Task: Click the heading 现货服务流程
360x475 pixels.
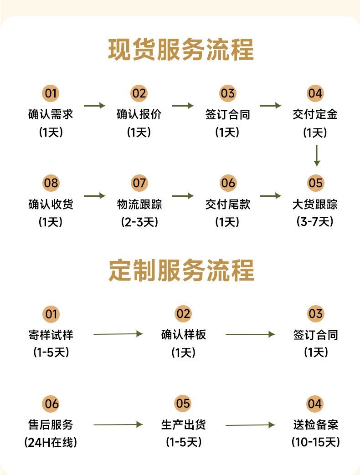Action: coord(180,50)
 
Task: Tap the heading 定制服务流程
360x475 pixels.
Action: coord(180,271)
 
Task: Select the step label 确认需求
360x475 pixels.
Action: coord(51,114)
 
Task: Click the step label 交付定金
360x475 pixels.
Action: coord(315,114)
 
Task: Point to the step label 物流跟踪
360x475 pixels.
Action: coord(139,204)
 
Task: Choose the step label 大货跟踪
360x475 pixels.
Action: coord(315,204)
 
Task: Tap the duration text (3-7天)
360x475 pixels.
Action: coord(315,222)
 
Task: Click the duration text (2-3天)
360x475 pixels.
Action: coord(139,222)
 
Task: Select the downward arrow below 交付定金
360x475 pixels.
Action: coord(317,156)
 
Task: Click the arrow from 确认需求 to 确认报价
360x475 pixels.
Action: coord(95,106)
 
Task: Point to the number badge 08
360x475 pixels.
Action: coord(51,183)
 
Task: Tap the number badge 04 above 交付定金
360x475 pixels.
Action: coord(315,93)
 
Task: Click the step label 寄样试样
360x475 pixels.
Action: coord(51,335)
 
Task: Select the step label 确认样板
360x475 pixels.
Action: coord(183,335)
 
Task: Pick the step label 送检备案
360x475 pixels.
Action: coord(315,425)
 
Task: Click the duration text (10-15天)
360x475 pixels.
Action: coord(315,442)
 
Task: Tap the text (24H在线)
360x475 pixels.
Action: coord(51,442)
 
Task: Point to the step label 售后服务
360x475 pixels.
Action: coord(51,425)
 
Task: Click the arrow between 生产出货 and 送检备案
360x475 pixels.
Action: coord(250,425)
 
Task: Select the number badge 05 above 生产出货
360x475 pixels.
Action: coord(183,403)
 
